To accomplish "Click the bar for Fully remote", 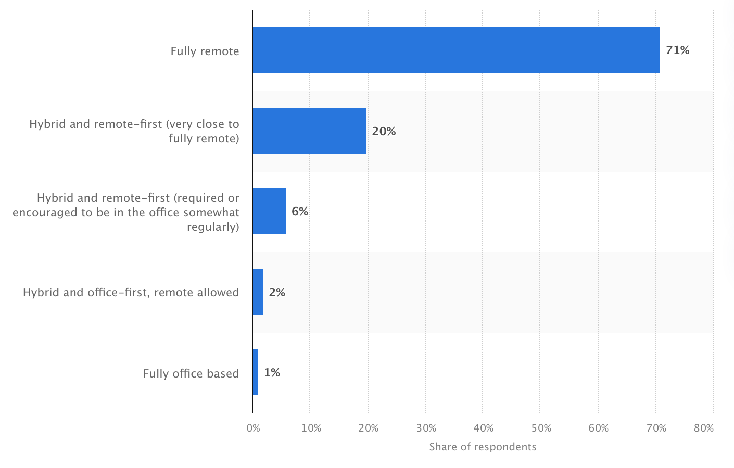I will tap(456, 50).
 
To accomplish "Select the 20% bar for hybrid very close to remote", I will tap(309, 131).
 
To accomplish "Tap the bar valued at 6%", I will tap(269, 211).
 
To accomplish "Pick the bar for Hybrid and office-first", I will tap(258, 292).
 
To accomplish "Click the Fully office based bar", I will tap(255, 372).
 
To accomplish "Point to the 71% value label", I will tap(677, 50).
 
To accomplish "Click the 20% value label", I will tap(384, 132).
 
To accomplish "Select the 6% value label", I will tap(300, 212).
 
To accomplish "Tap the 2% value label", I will tap(277, 293).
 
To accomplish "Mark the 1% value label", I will tap(272, 373).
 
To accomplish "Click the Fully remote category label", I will tap(205, 51).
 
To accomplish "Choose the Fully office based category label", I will tap(191, 373).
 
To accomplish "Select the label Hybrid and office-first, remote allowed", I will tap(131, 292).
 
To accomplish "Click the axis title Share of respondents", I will tap(483, 447).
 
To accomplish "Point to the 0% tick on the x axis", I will tap(253, 428).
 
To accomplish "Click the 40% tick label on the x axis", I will tap(484, 428).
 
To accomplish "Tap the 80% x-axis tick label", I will tap(704, 428).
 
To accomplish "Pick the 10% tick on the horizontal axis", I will tap(311, 428).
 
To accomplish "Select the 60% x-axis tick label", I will tap(599, 428).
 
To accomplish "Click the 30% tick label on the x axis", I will tap(426, 428).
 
